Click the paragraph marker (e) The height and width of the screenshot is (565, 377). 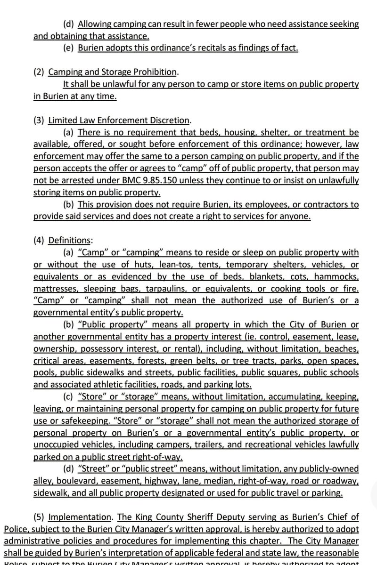(68, 48)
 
